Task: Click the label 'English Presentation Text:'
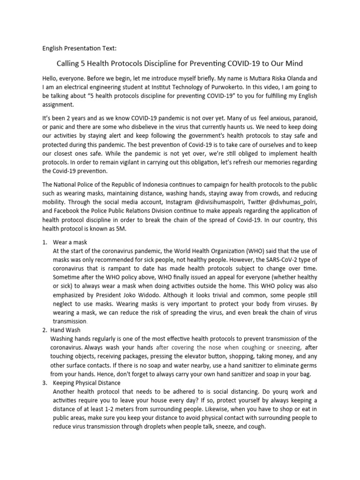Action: click(77, 48)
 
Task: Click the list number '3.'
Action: click(45, 383)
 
